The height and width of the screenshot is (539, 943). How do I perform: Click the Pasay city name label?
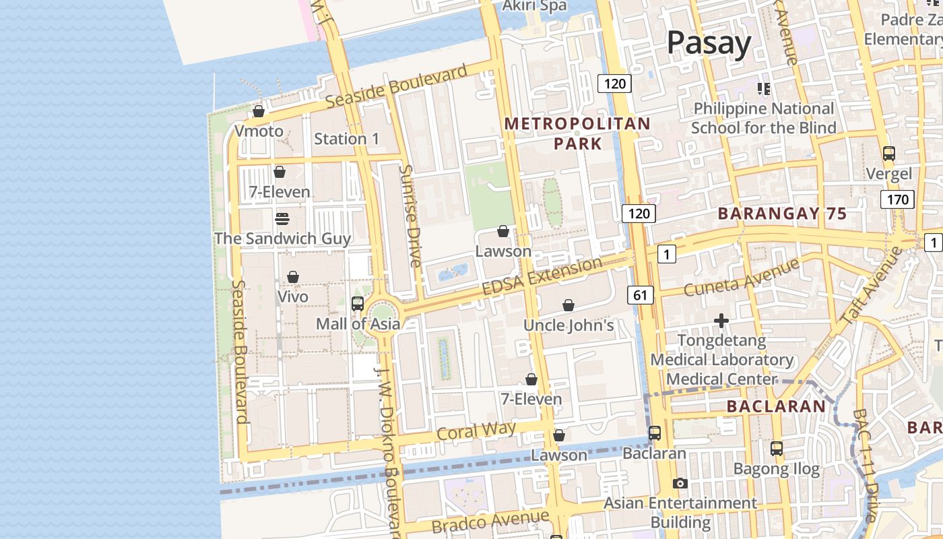click(709, 43)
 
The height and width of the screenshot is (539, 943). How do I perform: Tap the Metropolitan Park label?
click(577, 133)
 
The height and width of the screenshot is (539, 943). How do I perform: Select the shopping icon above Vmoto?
click(259, 111)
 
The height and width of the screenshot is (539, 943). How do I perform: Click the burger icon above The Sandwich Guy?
click(282, 219)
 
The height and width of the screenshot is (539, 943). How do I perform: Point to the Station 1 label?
click(347, 139)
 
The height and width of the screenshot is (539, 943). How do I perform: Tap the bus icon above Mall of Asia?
click(358, 304)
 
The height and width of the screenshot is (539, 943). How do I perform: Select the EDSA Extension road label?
click(542, 276)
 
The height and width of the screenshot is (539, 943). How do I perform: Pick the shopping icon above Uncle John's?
click(568, 305)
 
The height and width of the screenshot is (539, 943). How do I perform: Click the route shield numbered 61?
click(640, 294)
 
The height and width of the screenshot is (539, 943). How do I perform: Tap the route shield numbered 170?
click(897, 199)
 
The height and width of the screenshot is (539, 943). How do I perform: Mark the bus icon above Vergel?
click(889, 154)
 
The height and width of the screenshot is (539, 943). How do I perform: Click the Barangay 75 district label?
click(782, 214)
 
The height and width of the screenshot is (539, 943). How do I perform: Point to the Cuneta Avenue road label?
click(741, 278)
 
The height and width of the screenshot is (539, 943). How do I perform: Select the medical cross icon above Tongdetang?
click(721, 321)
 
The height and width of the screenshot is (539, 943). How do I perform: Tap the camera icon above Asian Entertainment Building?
click(680, 484)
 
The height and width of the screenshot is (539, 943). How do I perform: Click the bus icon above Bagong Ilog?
click(777, 448)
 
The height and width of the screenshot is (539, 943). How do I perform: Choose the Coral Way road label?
click(476, 431)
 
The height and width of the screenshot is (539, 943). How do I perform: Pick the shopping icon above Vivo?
click(293, 277)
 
